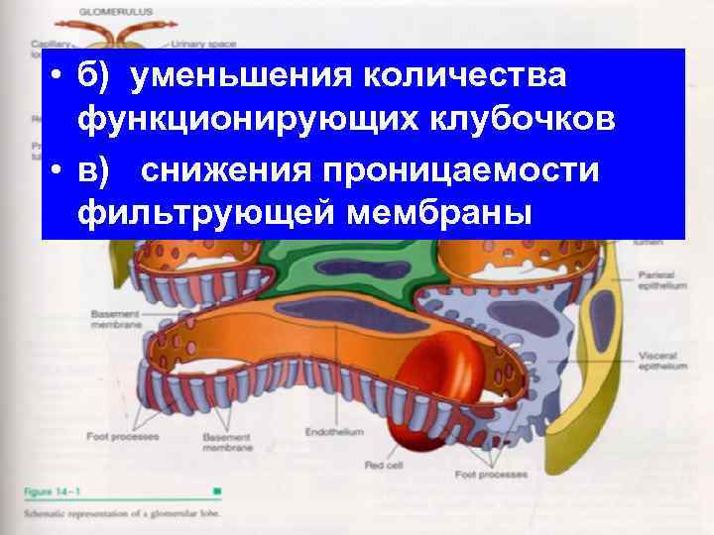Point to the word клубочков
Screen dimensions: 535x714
512,121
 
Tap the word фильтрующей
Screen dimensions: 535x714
197,213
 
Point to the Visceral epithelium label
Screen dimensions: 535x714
661,360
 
